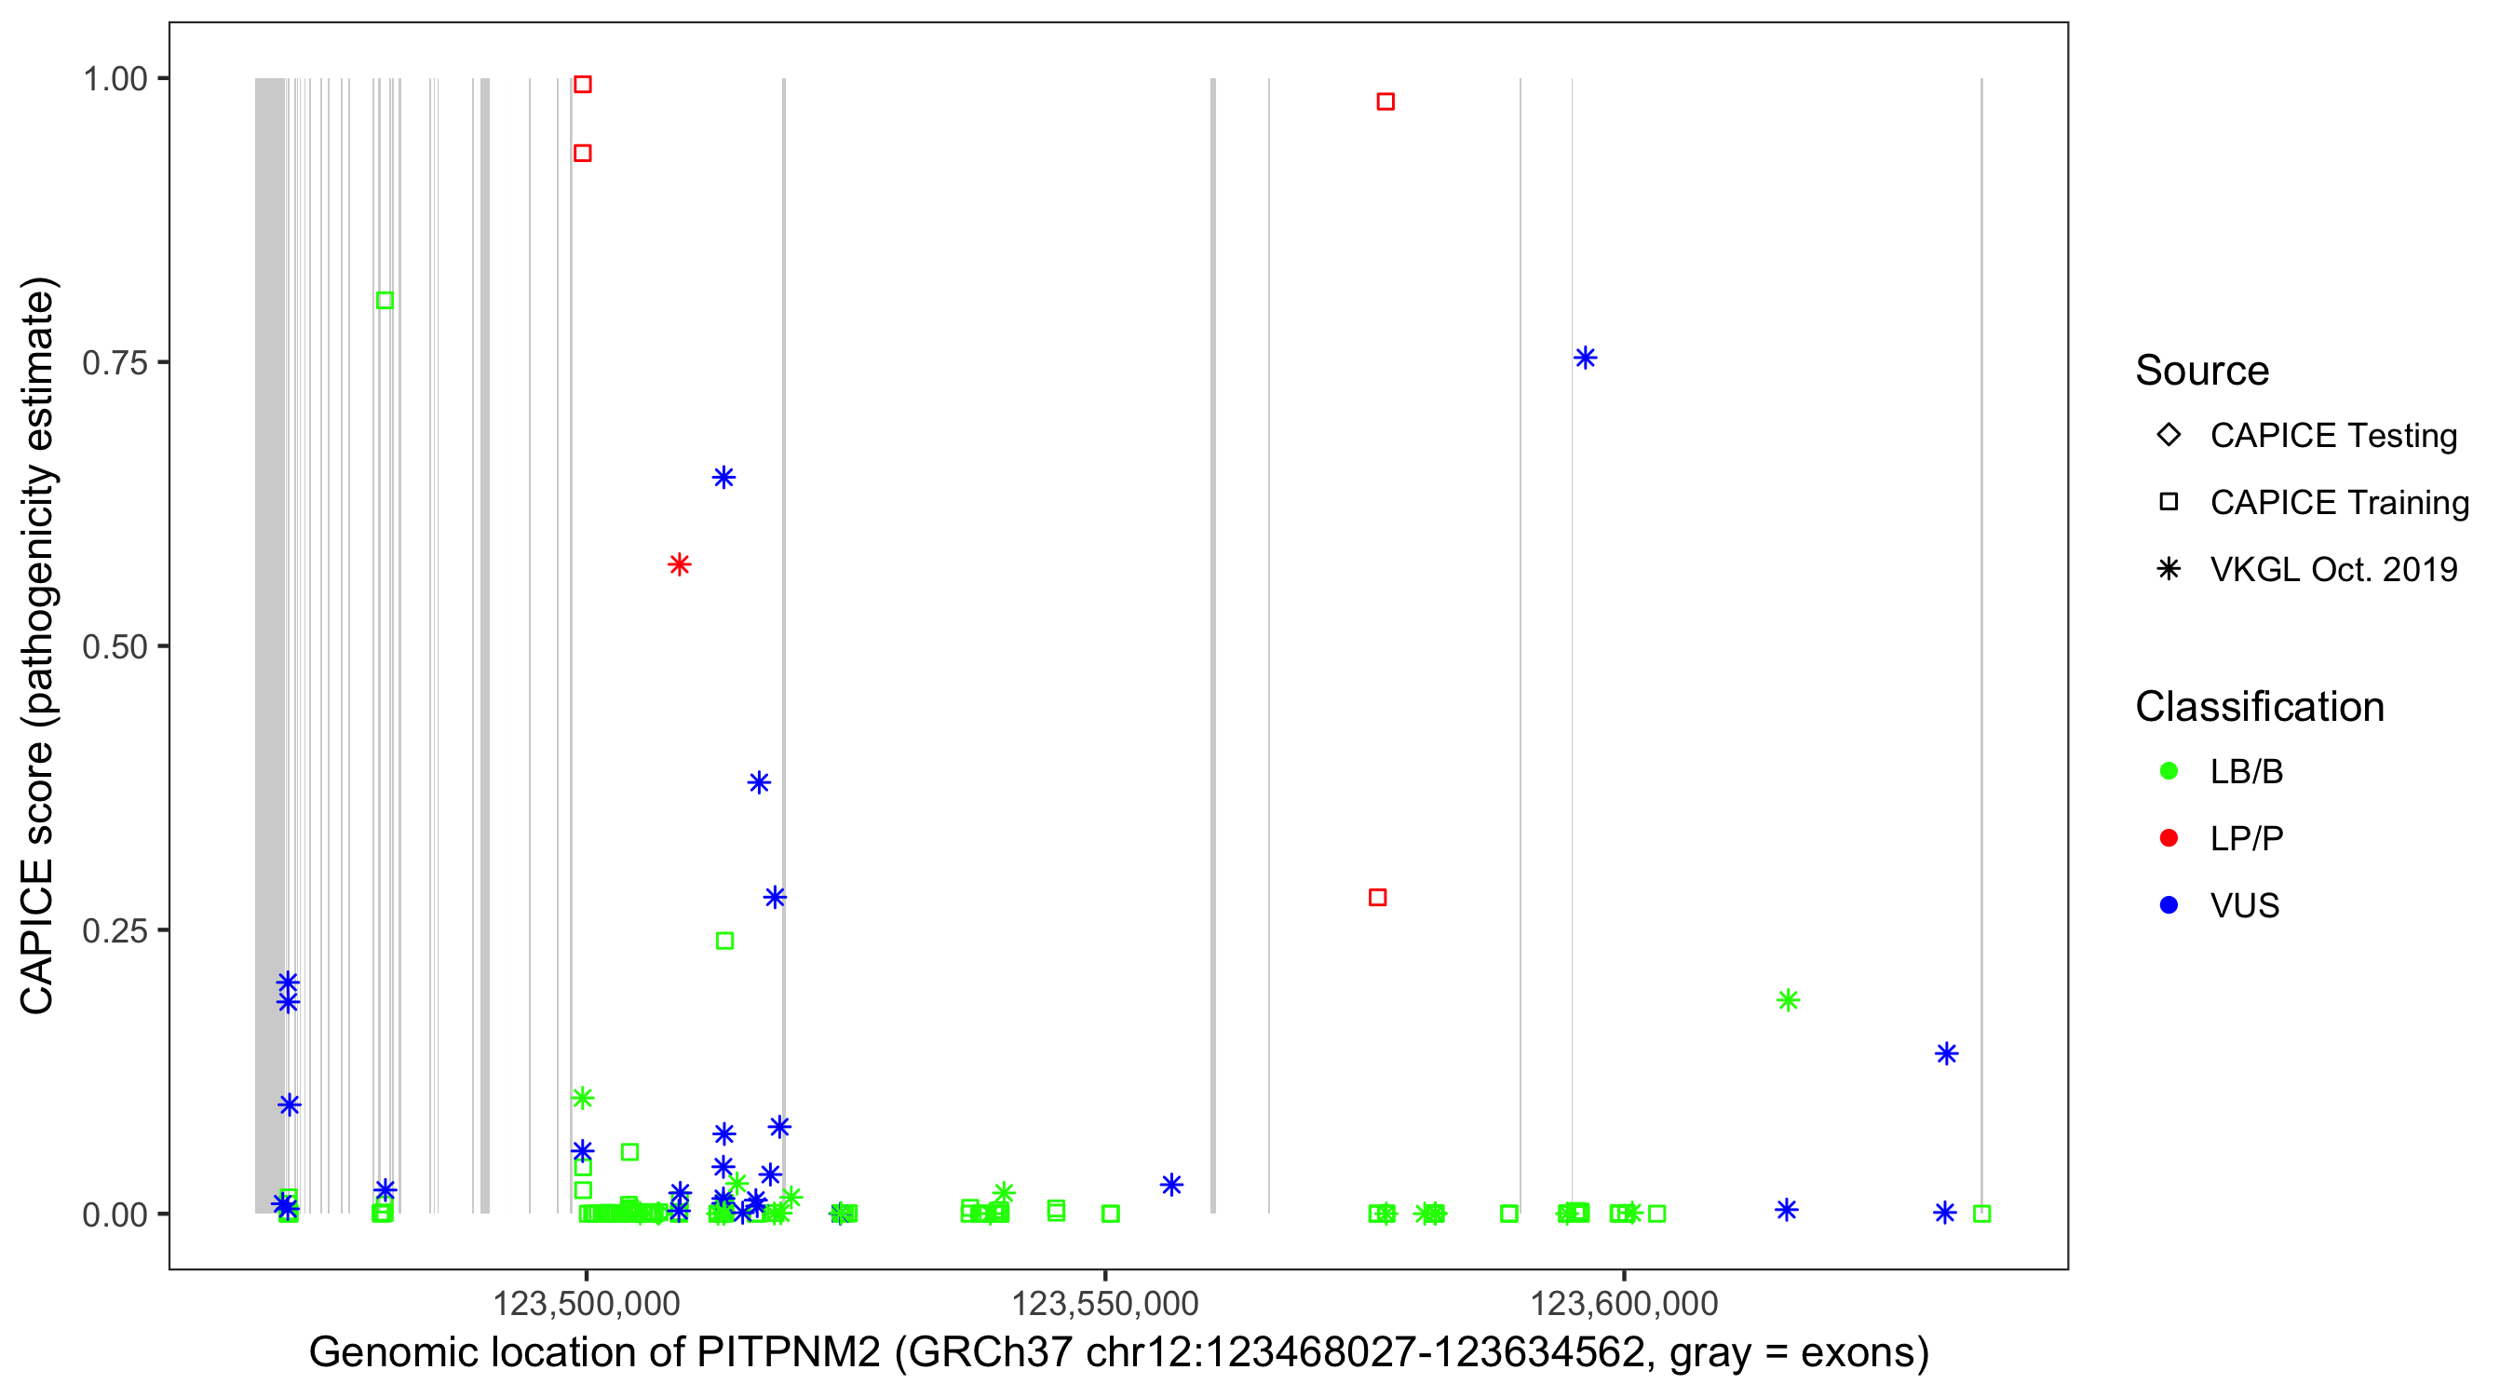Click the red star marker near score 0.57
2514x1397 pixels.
click(680, 564)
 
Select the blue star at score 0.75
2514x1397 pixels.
click(1585, 358)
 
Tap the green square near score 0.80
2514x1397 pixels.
click(385, 300)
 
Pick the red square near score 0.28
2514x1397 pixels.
click(1377, 896)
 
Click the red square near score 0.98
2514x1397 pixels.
click(1385, 102)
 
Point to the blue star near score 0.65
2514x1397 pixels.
click(723, 477)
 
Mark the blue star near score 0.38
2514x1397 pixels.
click(758, 782)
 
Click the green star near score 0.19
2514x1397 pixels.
click(1787, 999)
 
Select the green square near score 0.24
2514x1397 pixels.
click(724, 940)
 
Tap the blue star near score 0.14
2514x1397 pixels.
click(1946, 1053)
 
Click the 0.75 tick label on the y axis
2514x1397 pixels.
click(115, 362)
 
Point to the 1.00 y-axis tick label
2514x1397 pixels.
click(115, 78)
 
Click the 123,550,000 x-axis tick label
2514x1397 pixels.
click(1104, 1303)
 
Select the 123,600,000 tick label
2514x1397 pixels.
click(1623, 1303)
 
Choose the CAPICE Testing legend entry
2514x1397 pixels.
click(2332, 436)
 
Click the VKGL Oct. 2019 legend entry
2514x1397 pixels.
click(2332, 569)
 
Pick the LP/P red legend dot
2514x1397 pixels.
click(2169, 838)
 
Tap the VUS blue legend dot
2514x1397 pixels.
click(2169, 905)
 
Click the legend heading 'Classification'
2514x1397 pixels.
click(2258, 706)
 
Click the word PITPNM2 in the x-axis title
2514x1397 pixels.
click(788, 1352)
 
